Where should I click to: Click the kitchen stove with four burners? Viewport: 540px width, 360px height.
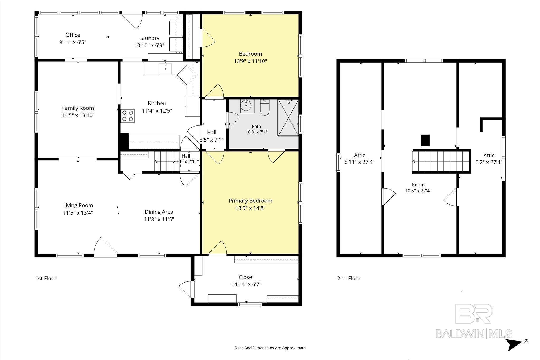pos(128,116)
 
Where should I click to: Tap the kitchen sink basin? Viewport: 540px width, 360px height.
pos(166,69)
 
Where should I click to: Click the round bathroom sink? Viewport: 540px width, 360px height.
pos(247,106)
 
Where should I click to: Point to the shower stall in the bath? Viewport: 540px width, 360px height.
pos(288,118)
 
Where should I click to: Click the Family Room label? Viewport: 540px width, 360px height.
pos(78,108)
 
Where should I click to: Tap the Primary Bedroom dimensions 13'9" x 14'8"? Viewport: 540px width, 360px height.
pos(250,208)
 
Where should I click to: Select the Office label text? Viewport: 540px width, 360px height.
pos(73,35)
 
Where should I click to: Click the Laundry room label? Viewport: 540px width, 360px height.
pos(149,38)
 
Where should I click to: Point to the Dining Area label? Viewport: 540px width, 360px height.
pos(159,212)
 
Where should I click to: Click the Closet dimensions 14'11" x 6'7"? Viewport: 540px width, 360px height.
pos(246,284)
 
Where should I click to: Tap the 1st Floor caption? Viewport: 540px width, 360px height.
pos(46,278)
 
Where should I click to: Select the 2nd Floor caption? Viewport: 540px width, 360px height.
pos(349,278)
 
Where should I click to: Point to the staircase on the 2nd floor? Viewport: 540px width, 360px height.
pos(442,161)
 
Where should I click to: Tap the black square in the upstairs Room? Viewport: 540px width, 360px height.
pos(425,140)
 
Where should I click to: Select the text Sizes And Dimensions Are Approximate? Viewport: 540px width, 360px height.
pos(270,348)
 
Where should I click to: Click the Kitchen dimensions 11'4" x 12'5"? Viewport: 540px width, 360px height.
pos(157,111)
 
